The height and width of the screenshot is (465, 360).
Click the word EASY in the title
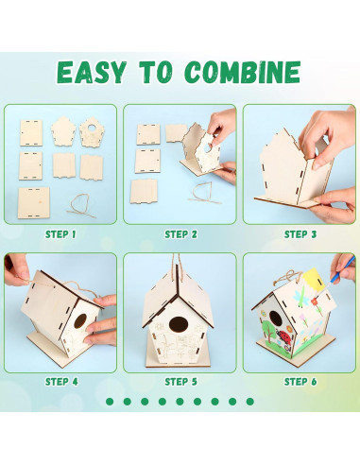tap(92, 73)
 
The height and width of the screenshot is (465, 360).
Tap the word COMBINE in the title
tap(243, 72)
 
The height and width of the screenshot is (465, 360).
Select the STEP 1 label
tap(60, 234)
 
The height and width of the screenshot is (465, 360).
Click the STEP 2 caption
tap(180, 234)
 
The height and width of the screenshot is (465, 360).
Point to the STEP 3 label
tap(300, 234)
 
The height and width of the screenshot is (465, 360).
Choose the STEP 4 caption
tap(61, 382)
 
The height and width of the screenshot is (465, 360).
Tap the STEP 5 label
tap(180, 382)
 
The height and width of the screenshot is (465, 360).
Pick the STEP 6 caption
tap(300, 382)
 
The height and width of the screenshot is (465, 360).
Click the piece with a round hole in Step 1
tap(92, 131)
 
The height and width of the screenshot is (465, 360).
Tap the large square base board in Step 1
tap(34, 202)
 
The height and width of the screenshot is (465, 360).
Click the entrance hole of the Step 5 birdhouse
tap(178, 324)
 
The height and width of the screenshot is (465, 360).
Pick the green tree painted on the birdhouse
tap(267, 330)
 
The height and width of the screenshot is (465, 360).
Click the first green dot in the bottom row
tap(110, 402)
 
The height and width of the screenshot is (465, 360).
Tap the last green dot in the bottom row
tap(250, 402)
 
